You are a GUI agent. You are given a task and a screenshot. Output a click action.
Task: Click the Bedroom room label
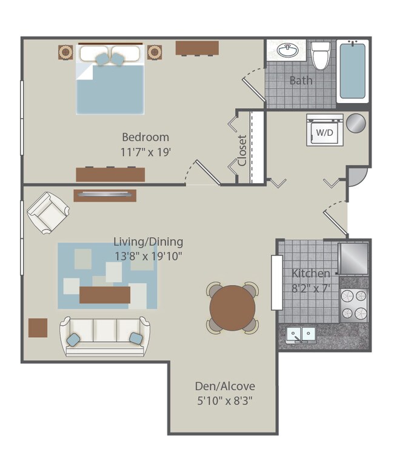click(145, 137)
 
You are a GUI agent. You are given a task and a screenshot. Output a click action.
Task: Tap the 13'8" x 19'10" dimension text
click(148, 256)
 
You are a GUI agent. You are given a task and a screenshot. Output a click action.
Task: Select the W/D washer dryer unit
click(324, 130)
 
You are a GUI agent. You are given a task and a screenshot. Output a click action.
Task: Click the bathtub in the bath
click(352, 70)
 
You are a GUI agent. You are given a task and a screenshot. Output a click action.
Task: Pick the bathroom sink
click(285, 51)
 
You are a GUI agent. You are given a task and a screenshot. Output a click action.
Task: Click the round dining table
click(233, 308)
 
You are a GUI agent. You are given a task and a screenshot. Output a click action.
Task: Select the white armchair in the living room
click(47, 212)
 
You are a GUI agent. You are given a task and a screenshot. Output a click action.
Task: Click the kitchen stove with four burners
click(354, 305)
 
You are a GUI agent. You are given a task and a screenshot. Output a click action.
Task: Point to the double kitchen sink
click(301, 334)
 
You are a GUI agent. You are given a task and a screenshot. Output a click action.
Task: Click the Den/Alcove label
click(225, 386)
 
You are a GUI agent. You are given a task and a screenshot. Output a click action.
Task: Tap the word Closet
click(242, 150)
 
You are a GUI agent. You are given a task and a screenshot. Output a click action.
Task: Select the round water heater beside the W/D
click(356, 122)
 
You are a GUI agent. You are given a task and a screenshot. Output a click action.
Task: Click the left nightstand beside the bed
click(65, 52)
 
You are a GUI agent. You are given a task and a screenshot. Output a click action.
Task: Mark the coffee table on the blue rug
click(105, 295)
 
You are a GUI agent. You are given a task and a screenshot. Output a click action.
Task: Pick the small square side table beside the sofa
click(38, 328)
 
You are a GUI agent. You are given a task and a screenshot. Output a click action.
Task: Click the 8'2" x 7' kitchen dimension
click(311, 288)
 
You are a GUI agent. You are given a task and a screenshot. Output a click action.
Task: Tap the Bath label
click(301, 81)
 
